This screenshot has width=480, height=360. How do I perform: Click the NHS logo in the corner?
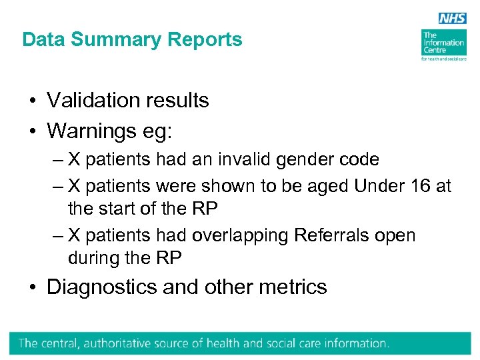[453, 19]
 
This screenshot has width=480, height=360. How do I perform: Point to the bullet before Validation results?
[32, 101]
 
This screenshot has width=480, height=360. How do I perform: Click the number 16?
[420, 186]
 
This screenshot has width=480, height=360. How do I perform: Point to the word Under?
[378, 186]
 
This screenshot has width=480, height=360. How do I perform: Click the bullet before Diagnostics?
[32, 288]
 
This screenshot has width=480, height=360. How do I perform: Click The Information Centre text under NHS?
[443, 43]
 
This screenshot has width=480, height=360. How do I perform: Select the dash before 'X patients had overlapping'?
[57, 235]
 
